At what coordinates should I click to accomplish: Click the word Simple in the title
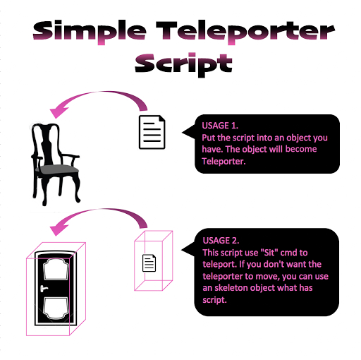point(90,32)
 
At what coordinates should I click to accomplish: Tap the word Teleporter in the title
point(245,32)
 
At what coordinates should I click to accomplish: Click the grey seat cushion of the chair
point(57,169)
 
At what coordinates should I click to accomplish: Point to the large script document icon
point(152,132)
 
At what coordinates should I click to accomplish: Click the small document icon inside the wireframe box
point(149,263)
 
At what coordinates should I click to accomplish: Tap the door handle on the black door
point(44,289)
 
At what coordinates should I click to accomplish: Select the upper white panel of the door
point(56,270)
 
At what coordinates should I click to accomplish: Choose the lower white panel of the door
point(56,308)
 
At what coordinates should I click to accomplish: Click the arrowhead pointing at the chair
point(58,112)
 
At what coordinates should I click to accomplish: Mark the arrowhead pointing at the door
point(58,229)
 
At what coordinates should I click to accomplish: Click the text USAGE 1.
point(220,126)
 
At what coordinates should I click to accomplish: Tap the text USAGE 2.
point(221,241)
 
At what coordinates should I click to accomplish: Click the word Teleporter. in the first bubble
point(224,162)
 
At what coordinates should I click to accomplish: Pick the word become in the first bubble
point(301,149)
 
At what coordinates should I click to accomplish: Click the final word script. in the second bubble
point(214,300)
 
